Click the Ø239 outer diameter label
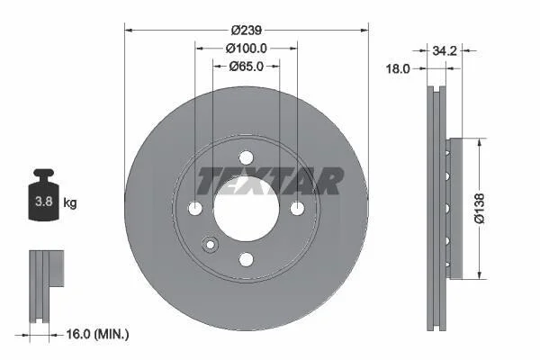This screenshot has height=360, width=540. point(247,31)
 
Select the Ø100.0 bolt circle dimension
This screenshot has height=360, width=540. point(247,49)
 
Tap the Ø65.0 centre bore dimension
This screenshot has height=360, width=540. point(247,66)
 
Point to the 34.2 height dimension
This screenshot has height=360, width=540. point(445,51)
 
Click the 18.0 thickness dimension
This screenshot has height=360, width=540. point(398,69)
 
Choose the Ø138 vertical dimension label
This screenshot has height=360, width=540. point(479,209)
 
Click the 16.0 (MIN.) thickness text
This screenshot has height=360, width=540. point(97,334)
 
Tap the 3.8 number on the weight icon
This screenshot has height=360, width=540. point(44,202)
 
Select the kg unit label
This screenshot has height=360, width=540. point(70,202)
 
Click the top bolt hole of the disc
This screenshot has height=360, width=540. point(246,157)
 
